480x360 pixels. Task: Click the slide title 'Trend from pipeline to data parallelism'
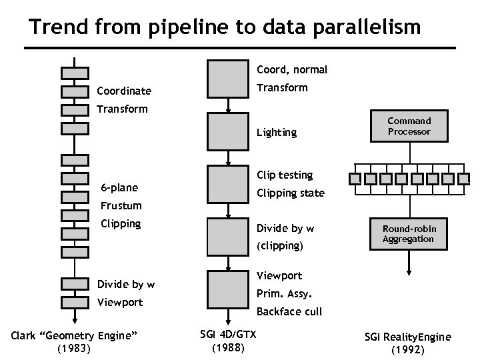pos(225,27)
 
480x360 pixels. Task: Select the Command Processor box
pos(409,127)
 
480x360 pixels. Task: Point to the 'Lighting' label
pos(277,132)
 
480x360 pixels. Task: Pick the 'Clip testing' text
pos(285,175)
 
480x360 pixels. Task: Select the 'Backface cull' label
pos(289,311)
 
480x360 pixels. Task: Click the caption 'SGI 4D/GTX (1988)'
pos(228,340)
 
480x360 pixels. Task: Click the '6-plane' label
pos(119,187)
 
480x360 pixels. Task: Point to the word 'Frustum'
pos(121,206)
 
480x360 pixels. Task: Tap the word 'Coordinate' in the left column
pos(124,91)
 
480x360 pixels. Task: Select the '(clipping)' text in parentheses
pos(280,245)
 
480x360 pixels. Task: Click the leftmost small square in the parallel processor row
pos(354,179)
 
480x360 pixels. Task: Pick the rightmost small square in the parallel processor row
pos(465,179)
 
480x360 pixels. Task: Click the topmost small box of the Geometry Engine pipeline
pos(75,73)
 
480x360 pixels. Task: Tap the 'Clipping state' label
pos(291,193)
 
